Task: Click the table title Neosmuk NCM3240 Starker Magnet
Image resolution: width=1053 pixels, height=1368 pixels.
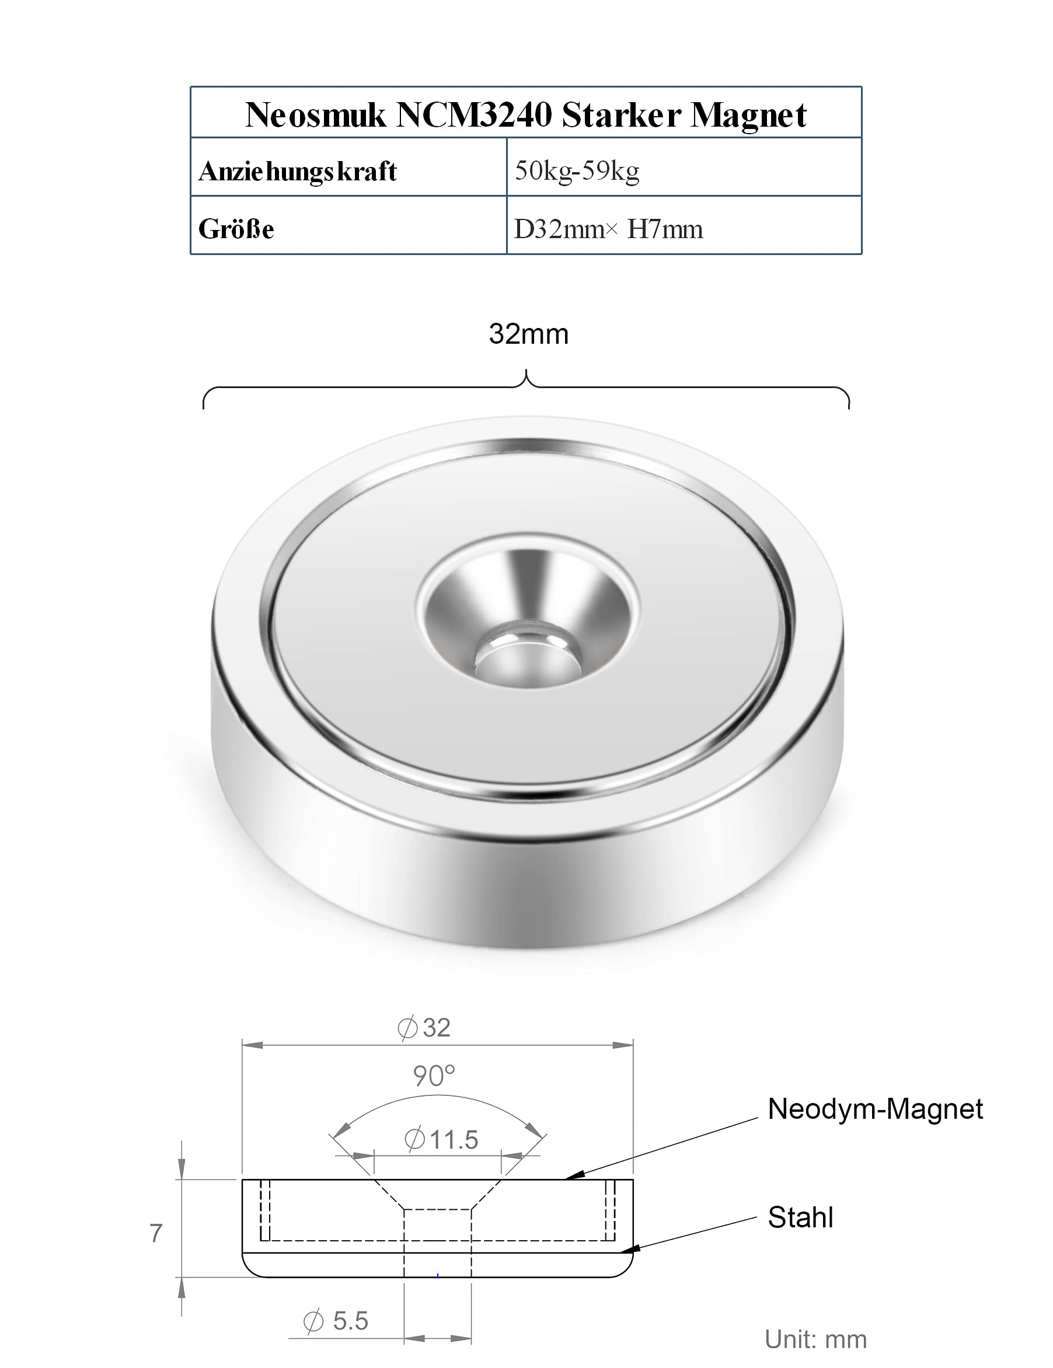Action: click(x=525, y=114)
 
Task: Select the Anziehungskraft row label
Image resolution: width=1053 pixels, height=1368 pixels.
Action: click(x=298, y=171)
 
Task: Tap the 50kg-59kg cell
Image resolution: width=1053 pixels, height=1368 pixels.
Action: click(x=577, y=170)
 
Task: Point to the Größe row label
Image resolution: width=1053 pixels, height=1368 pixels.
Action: click(x=236, y=229)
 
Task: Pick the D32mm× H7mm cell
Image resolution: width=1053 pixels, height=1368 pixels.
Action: click(x=608, y=229)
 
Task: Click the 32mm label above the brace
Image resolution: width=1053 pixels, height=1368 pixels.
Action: click(x=529, y=334)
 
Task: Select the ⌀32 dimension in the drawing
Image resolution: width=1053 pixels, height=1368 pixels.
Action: click(x=424, y=1028)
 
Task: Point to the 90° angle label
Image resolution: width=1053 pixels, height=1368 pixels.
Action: click(x=434, y=1076)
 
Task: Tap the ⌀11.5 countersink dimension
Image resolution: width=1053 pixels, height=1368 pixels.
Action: click(x=441, y=1139)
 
